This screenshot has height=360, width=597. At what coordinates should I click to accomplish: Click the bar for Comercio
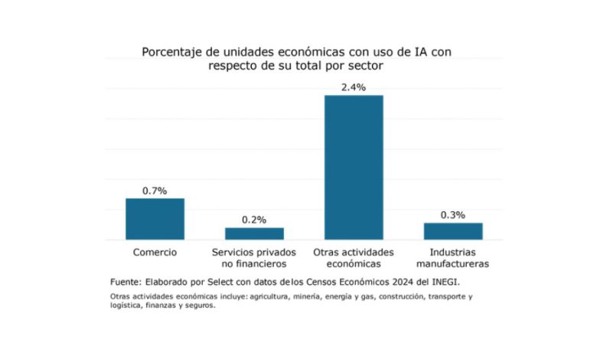tap(155, 219)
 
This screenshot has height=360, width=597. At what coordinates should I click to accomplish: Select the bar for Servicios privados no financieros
tap(254, 234)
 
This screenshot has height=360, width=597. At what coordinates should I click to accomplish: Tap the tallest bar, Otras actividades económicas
tap(354, 167)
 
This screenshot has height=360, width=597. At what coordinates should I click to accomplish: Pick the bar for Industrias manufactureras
tap(453, 231)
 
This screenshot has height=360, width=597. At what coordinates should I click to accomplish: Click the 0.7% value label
tap(155, 190)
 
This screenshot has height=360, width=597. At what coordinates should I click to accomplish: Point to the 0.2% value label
tap(254, 220)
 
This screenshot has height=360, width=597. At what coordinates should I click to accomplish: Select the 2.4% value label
tap(354, 87)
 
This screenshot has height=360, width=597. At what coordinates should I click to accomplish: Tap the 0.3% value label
tap(453, 215)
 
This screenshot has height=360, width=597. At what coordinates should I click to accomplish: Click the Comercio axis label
tap(155, 252)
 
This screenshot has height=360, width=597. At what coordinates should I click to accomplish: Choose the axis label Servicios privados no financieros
tap(254, 258)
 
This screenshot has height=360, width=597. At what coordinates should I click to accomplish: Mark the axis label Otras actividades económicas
tap(354, 258)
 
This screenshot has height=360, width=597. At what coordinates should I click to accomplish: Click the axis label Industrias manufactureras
tap(453, 258)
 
